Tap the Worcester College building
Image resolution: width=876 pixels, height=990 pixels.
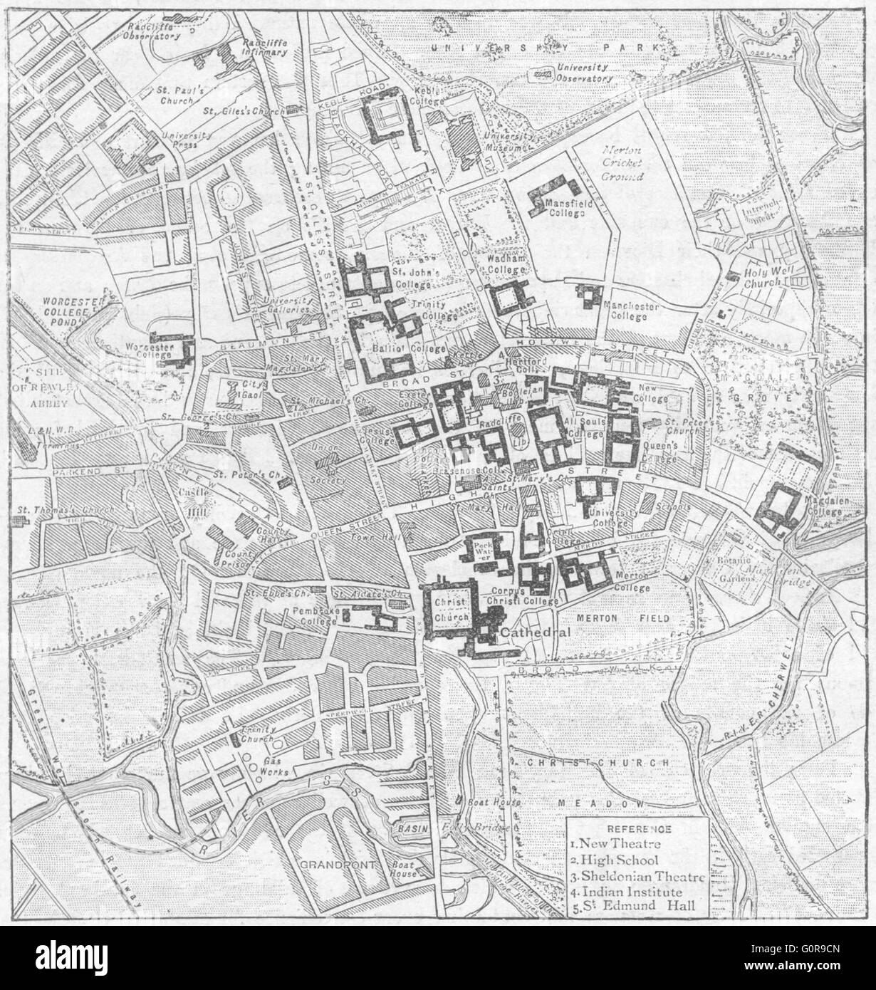coord(175,350)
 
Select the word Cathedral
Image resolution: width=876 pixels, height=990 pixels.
coord(534,632)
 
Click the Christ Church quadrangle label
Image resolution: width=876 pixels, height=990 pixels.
coord(450,609)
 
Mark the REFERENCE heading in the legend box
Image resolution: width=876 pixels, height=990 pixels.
coord(637,829)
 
